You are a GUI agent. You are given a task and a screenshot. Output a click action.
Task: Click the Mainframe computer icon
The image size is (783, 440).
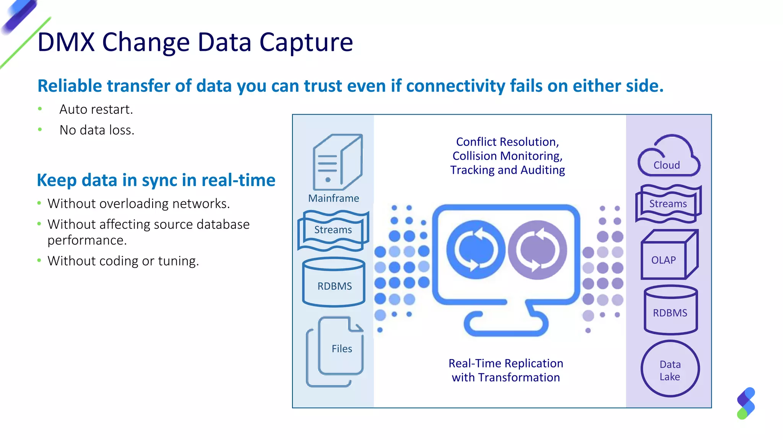click(336, 162)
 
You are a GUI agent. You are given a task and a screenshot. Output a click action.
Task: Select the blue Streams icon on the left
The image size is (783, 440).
click(333, 230)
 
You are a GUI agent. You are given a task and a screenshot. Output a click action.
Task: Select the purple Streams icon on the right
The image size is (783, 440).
click(668, 204)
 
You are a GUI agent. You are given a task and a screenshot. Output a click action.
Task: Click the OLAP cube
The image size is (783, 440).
click(669, 255)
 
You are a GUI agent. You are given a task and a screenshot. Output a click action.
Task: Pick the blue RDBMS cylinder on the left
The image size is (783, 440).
click(334, 283)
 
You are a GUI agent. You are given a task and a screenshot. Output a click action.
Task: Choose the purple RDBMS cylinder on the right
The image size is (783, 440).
click(671, 310)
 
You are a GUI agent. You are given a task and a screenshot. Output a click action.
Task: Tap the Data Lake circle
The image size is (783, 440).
click(670, 369)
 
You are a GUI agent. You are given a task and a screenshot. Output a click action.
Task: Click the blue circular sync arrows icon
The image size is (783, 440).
click(476, 250)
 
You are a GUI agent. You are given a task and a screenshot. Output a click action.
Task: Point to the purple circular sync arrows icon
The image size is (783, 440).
click(538, 250)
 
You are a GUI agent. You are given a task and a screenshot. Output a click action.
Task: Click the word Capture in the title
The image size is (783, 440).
click(306, 42)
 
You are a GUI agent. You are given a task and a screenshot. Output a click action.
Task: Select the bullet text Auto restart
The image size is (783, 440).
click(96, 110)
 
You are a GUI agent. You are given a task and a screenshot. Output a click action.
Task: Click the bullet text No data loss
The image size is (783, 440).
click(97, 130)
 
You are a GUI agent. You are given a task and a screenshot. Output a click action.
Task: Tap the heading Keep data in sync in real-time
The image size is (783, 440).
click(156, 180)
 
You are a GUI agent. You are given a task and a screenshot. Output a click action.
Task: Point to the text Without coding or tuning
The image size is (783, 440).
click(123, 261)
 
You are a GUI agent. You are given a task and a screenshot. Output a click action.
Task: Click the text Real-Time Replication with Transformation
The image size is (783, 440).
click(505, 370)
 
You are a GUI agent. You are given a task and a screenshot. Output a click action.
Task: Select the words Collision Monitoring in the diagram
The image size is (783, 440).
click(507, 156)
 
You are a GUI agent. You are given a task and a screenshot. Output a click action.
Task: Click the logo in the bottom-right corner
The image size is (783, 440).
click(746, 403)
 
